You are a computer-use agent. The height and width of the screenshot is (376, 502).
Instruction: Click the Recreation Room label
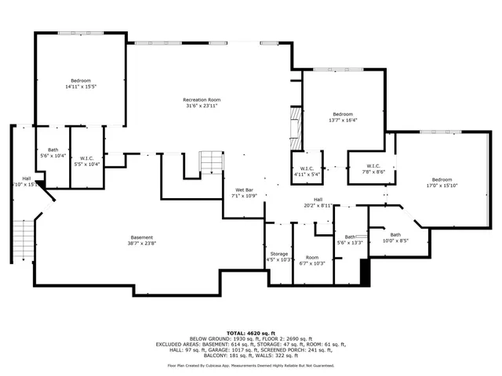[201, 99]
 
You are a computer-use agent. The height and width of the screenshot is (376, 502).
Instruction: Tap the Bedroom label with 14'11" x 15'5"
[81, 81]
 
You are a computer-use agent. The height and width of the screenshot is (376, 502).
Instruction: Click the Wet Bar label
[245, 190]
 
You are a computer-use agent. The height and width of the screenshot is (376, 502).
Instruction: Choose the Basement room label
[142, 237]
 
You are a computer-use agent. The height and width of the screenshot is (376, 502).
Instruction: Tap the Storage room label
[279, 255]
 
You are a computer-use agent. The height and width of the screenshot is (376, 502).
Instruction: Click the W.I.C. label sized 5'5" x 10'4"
[87, 160]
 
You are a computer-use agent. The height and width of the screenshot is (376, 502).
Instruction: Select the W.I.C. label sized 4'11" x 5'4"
[307, 169]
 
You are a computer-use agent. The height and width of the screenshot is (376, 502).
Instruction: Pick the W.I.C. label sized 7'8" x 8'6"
[373, 166]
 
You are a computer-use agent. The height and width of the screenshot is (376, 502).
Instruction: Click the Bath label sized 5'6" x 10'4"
[53, 150]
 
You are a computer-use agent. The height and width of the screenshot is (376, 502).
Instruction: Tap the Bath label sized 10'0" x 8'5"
[395, 235]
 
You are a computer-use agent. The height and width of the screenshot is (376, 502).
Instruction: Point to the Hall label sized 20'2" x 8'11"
[318, 200]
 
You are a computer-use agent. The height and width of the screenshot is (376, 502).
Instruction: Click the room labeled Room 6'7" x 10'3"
[312, 258]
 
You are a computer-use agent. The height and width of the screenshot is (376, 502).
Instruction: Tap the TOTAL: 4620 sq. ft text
[250, 331]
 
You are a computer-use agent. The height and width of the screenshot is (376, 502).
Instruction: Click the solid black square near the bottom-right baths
[364, 272]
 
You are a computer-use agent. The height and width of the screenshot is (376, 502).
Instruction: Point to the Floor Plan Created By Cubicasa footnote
[250, 365]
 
